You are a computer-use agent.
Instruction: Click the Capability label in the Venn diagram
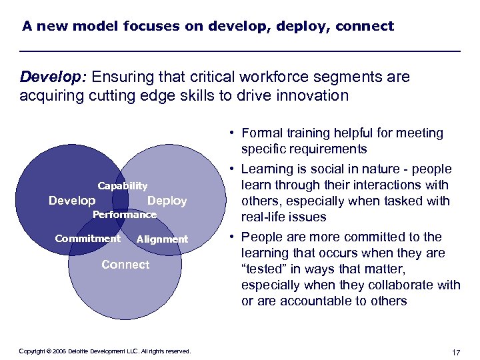click(123, 186)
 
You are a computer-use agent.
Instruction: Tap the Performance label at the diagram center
click(124, 215)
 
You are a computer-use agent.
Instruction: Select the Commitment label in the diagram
click(87, 239)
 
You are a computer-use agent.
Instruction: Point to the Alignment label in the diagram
click(162, 239)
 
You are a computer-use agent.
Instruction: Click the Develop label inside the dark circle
click(72, 201)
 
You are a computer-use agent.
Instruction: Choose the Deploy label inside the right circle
click(167, 201)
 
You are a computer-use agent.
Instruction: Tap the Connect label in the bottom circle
click(125, 265)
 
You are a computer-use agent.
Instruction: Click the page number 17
click(456, 351)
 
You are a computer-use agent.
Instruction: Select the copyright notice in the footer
click(105, 351)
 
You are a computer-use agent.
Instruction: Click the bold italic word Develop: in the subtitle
click(51, 77)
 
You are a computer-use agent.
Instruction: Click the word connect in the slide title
click(365, 27)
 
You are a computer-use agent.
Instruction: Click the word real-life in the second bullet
click(265, 217)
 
